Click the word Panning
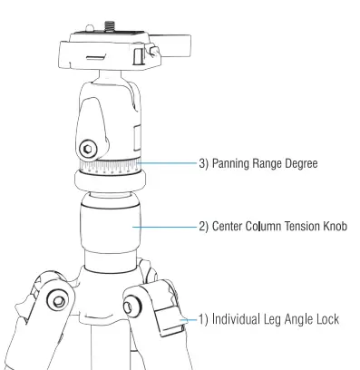click(x=233, y=165)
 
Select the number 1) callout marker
click(x=200, y=320)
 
